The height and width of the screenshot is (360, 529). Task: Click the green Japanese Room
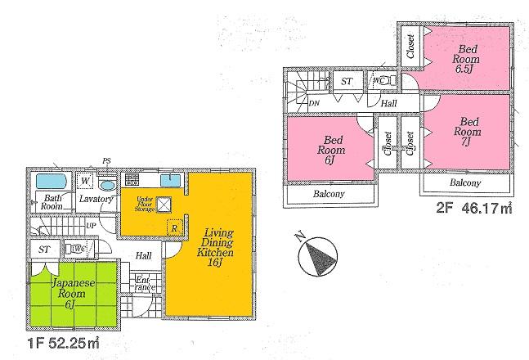pyautogui.click(x=63, y=293)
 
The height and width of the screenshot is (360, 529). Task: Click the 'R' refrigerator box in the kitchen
pyautogui.click(x=173, y=227)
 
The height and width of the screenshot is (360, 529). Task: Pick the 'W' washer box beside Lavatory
pyautogui.click(x=85, y=181)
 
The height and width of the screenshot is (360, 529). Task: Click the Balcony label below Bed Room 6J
pyautogui.click(x=330, y=194)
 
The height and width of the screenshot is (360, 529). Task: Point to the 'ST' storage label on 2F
pyautogui.click(x=347, y=81)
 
